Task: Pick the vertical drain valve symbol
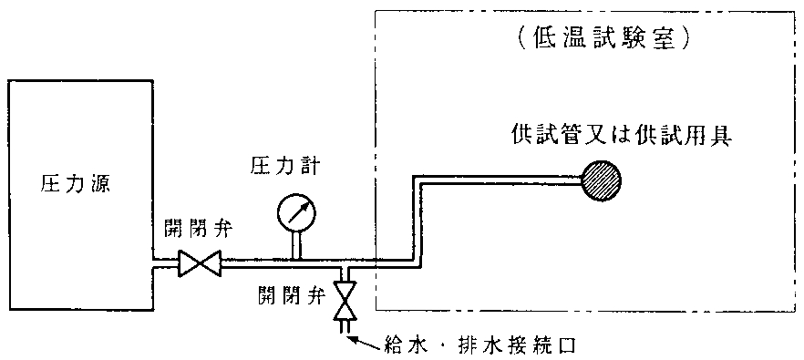coord(345,302)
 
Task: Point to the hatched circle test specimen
coord(604,180)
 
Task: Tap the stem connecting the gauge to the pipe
coord(297,245)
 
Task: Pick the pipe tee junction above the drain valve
coord(345,268)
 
